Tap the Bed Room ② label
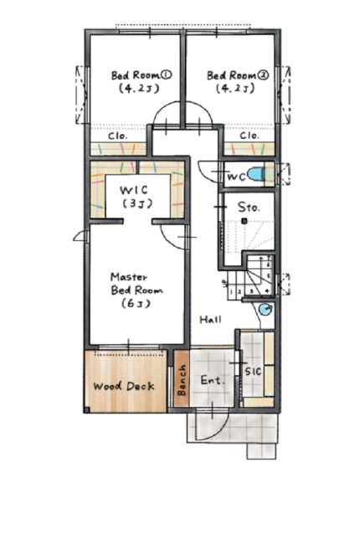pos(238,81)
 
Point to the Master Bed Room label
pos(136,290)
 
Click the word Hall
pos(210,320)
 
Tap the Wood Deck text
pos(124,386)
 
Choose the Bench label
pos(182,380)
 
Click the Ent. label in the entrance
pos(212,380)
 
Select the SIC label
pos(253,371)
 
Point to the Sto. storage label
pos(249,208)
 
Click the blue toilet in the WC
pos(255,174)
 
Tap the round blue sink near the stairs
pos(265,309)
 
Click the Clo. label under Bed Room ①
pos(118,136)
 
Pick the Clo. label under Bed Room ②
pos(249,136)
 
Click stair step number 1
pos(231,292)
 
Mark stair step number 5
pos(269,276)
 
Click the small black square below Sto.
pos(244,221)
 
